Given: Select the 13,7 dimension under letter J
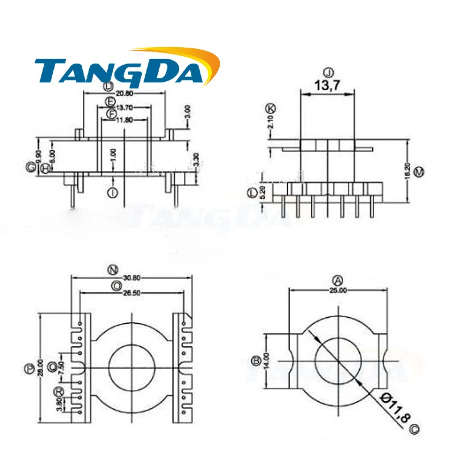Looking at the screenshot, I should (x=326, y=86).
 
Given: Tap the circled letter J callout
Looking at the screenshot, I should (x=327, y=72).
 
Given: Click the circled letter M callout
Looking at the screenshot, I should (x=419, y=171).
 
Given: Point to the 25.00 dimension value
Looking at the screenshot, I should (x=339, y=289).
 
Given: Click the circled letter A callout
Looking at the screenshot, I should (x=338, y=280).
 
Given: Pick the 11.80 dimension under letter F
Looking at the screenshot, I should (x=124, y=120).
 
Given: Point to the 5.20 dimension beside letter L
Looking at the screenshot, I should (x=262, y=193).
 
